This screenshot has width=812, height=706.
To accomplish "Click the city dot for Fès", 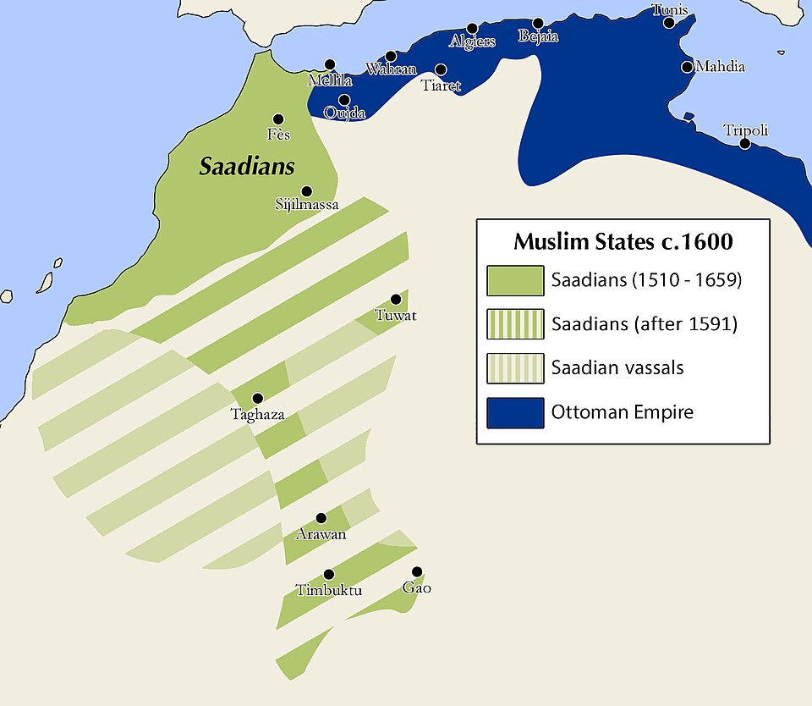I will point(278,119).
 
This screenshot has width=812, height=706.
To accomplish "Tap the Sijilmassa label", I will point(307,205).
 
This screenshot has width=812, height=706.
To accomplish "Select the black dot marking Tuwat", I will point(395,300).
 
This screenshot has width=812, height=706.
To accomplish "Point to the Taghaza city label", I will point(257,415).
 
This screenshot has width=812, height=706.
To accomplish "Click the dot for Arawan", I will point(321,518).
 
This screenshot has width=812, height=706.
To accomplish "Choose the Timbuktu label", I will point(329,590).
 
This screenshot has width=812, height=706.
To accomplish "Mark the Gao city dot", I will point(416,571).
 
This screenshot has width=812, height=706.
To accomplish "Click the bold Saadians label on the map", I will point(247,167).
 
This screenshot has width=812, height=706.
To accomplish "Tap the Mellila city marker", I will point(329,64).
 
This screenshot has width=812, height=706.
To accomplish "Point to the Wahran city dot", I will point(391,56).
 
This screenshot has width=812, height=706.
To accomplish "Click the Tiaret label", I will point(441,85).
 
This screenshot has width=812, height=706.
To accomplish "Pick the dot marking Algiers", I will point(472,28).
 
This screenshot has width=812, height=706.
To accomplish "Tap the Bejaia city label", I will point(538,37).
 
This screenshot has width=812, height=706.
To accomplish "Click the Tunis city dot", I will point(669,23).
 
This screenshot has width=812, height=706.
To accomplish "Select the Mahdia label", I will point(720,66).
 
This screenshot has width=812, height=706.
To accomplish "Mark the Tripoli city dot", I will point(745,143).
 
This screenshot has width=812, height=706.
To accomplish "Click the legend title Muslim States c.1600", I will point(623,242).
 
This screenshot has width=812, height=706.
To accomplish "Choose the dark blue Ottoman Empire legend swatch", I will point(515,413).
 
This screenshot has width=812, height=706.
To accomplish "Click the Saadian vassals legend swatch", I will point(515,368).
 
